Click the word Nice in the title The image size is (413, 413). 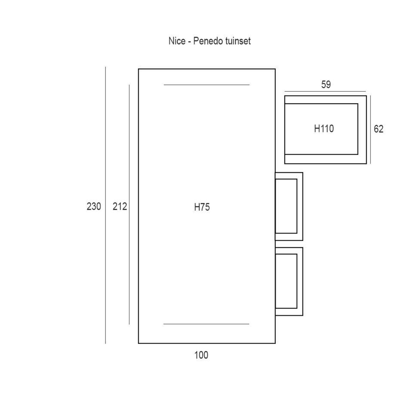177,41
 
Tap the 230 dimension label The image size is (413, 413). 94,206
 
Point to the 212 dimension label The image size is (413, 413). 120,206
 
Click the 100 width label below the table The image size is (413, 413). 201,355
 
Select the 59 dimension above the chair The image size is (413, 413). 326,85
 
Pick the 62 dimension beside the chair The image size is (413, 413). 379,129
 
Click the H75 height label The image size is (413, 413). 202,207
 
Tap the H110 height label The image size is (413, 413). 324,129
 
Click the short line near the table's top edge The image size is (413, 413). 206,85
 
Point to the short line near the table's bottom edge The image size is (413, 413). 206,324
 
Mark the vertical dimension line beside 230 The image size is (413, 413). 106,205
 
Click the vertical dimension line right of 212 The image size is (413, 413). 129,205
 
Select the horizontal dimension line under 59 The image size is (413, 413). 325,91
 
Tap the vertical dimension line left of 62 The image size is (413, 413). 370,129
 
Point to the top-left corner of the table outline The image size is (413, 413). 139,69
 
